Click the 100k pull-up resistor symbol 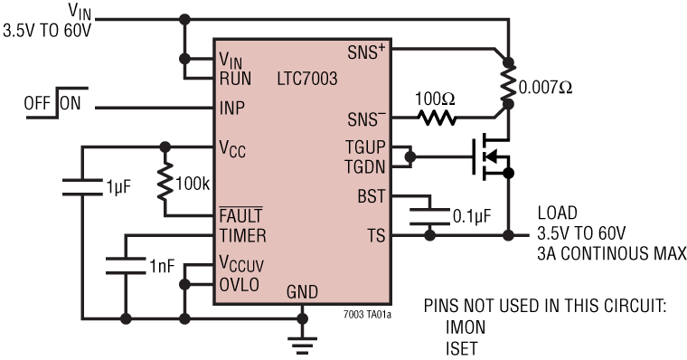coord(165,181)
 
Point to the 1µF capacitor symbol coord(83,187)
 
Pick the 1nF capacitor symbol coord(124,264)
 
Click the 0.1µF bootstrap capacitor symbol coord(428,216)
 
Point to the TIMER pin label coord(242,236)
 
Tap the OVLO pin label coord(239,283)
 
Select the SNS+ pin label coord(367,52)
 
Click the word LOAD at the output coord(558,213)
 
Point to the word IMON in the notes coord(465,327)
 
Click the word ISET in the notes coord(462,346)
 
